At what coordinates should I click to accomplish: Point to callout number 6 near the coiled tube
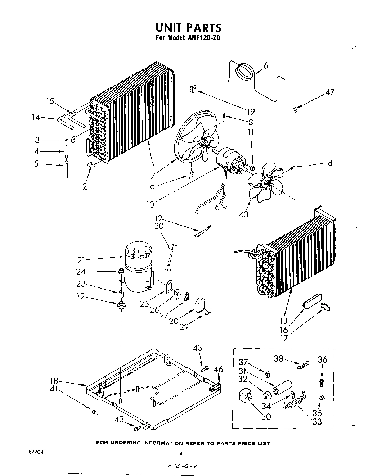pyautogui.click(x=266, y=65)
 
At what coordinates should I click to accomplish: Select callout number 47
pyautogui.click(x=329, y=92)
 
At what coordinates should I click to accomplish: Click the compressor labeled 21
pyautogui.click(x=139, y=266)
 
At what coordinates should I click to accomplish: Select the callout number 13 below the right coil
pyautogui.click(x=284, y=321)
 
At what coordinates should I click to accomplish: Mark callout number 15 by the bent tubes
pyautogui.click(x=50, y=101)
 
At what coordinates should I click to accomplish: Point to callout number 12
pyautogui.click(x=159, y=218)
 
